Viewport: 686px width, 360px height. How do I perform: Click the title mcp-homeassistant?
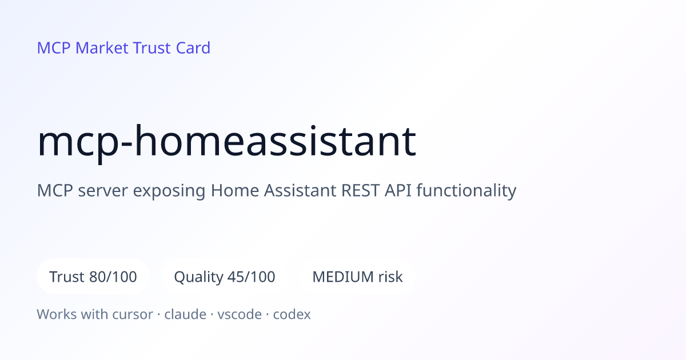point(226,142)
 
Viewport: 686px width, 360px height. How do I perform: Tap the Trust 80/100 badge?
point(93,277)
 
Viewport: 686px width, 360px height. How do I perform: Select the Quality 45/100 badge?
point(225,277)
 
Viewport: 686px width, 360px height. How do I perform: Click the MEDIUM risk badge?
point(357,277)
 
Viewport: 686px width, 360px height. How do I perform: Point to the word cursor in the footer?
point(133,314)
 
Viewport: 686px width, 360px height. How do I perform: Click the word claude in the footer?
point(185,314)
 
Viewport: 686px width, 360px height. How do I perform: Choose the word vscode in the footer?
point(240,314)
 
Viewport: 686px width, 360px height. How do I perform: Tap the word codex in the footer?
point(292,314)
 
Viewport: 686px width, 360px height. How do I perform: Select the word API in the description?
point(398,190)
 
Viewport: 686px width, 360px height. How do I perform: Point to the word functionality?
point(466,191)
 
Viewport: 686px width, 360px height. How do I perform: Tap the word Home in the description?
point(235,190)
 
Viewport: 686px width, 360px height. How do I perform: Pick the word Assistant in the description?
point(300,190)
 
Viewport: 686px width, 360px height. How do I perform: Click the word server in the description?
point(103,191)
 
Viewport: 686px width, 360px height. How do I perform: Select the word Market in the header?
point(102,48)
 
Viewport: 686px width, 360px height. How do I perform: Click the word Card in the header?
point(193,48)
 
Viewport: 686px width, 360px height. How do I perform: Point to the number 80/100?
point(113,277)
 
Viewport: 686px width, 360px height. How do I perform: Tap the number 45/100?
point(252,277)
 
